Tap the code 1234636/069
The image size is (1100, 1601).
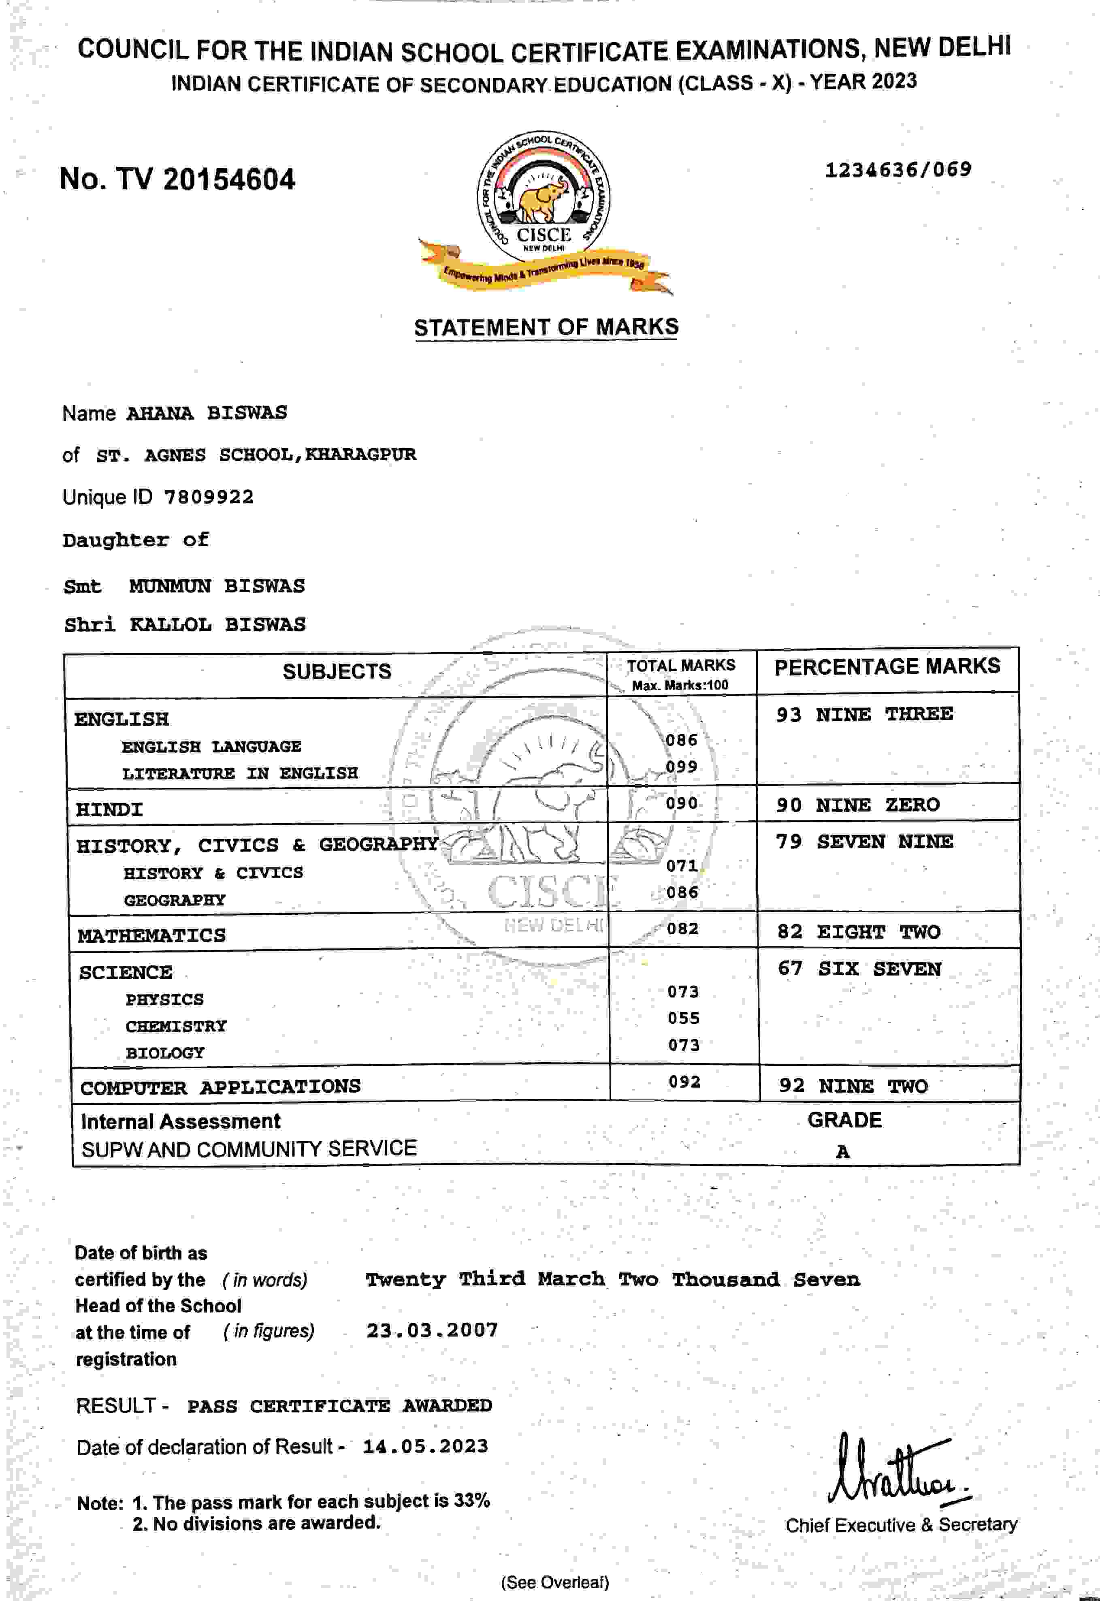coord(898,170)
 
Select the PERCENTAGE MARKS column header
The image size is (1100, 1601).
coord(887,666)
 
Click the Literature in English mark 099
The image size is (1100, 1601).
coord(681,766)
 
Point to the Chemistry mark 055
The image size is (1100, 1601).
coord(683,1018)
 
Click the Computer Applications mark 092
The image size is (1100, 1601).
coord(684,1081)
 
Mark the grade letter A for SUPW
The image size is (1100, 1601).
coord(842,1152)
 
